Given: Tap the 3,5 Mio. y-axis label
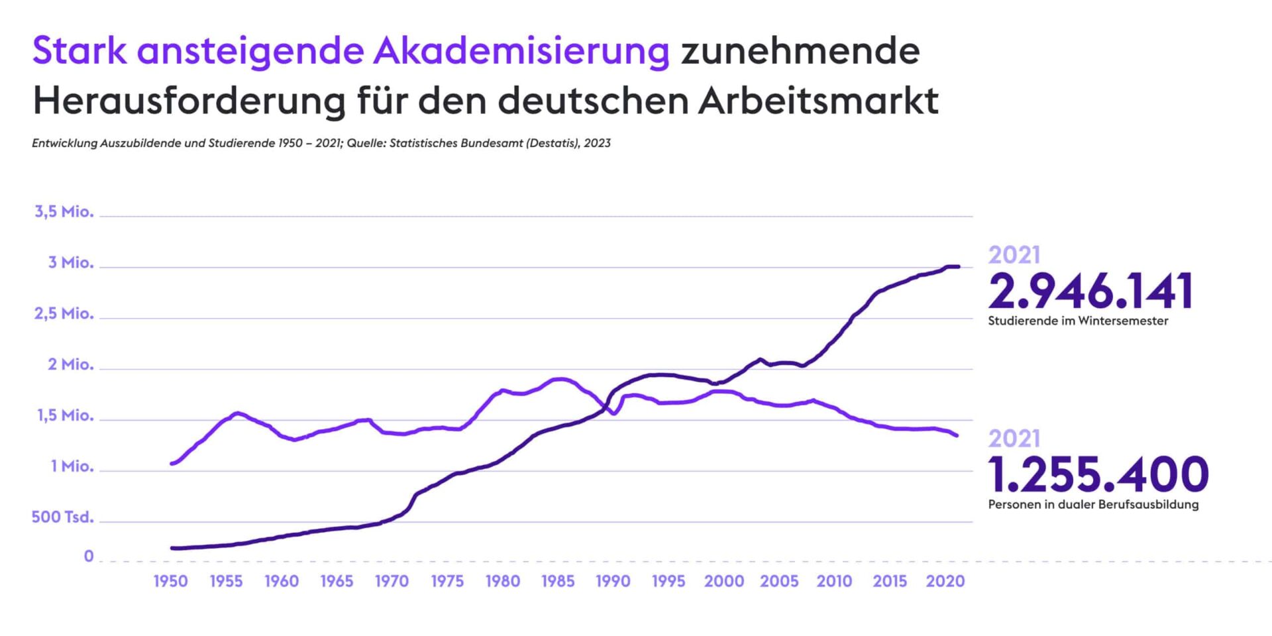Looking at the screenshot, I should click(64, 212).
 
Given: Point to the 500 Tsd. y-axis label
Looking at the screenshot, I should click(62, 517).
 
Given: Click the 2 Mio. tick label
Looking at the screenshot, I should click(71, 365).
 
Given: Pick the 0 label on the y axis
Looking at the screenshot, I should click(89, 556).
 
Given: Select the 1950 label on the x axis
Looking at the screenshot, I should click(171, 582).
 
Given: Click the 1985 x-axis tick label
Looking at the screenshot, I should click(558, 582).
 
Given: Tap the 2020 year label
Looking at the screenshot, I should click(945, 582).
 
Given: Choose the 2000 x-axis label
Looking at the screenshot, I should click(723, 582).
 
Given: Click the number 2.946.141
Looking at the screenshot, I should click(1090, 291).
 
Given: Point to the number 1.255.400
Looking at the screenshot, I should click(1098, 474).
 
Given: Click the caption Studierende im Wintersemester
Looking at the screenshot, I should click(1078, 321).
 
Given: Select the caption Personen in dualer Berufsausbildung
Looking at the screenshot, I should click(1093, 505).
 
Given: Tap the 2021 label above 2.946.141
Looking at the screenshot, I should click(1014, 256).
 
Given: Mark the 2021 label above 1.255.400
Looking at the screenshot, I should click(1014, 439).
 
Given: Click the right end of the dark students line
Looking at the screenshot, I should click(957, 267).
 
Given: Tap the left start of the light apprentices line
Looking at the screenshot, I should click(172, 464).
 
